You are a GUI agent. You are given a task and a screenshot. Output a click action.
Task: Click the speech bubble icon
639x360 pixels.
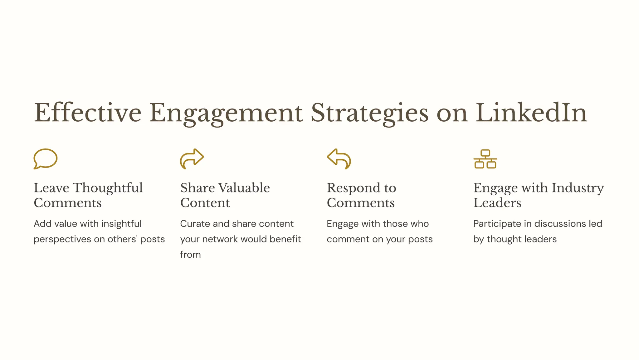(46, 159)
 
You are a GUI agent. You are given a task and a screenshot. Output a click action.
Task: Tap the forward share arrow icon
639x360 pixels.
(192, 159)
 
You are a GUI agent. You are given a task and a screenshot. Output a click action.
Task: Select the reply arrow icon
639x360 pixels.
(339, 159)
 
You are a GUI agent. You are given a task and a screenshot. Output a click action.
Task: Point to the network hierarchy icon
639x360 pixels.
(485, 159)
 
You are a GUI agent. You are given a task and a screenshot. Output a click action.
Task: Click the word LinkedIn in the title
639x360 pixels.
(531, 113)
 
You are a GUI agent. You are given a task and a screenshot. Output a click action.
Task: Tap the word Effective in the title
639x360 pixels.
(88, 113)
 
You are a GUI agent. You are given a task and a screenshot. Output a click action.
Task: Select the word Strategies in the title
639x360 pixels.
(369, 113)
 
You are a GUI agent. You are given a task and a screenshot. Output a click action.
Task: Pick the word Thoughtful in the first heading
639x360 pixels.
(108, 188)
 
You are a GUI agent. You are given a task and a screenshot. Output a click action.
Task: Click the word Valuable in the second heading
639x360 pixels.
(244, 188)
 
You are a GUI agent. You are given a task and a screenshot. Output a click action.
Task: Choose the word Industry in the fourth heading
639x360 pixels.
(578, 188)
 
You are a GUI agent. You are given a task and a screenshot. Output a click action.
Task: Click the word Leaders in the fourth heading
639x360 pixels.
(497, 203)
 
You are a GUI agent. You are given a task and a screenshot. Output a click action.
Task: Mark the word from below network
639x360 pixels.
(190, 255)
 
